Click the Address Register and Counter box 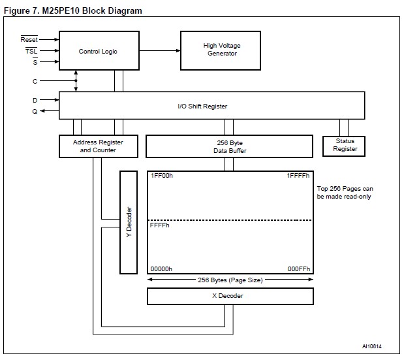coord(98,146)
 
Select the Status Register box coord(345,145)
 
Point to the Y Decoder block coord(129,222)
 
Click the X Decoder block coord(230,295)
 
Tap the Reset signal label coord(30,39)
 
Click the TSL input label coord(31,50)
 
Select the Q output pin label coord(35,111)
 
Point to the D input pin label coord(35,100)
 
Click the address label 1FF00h coord(161,176)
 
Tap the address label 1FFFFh coord(298,176)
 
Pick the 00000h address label coord(161,269)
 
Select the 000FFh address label coord(300,269)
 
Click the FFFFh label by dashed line coord(159,225)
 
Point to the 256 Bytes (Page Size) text coord(230,280)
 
